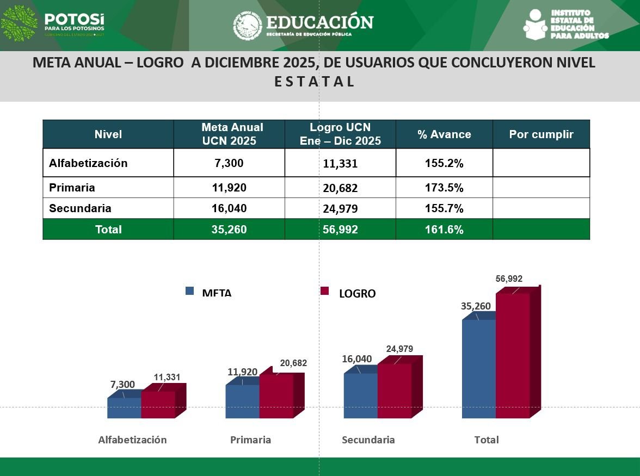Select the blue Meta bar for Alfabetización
click(124, 408)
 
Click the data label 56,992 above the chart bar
click(509, 279)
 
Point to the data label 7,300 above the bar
click(122, 385)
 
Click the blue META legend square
click(189, 291)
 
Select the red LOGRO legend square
click(325, 291)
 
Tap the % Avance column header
click(444, 134)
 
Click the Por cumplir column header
click(541, 134)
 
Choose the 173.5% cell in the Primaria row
click(444, 188)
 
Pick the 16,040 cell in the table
click(229, 208)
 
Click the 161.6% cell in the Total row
click(444, 230)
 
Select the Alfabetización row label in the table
click(88, 163)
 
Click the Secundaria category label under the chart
click(368, 440)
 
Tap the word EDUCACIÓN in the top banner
click(319, 22)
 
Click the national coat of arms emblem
click(248, 26)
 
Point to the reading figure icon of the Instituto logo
click(535, 24)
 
